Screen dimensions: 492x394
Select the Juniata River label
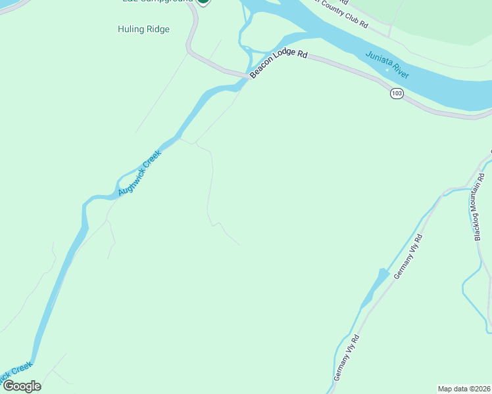click(x=387, y=65)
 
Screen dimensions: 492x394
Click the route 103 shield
click(x=396, y=94)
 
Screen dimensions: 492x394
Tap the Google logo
click(x=21, y=386)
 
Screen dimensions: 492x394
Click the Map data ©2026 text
click(x=464, y=388)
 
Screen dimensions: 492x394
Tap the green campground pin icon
click(x=203, y=2)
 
